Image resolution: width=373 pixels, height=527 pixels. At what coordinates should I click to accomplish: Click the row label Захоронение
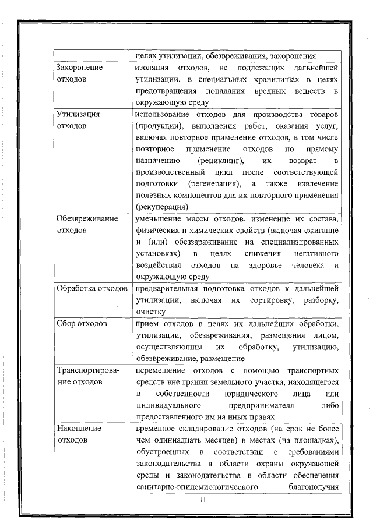click(79, 68)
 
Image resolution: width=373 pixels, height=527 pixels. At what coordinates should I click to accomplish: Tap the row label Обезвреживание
click(87, 219)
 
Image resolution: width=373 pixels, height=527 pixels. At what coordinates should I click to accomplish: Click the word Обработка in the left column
click(75, 289)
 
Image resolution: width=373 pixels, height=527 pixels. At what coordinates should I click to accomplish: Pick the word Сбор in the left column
click(65, 324)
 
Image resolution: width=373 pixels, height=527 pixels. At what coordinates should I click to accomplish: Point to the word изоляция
click(153, 68)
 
